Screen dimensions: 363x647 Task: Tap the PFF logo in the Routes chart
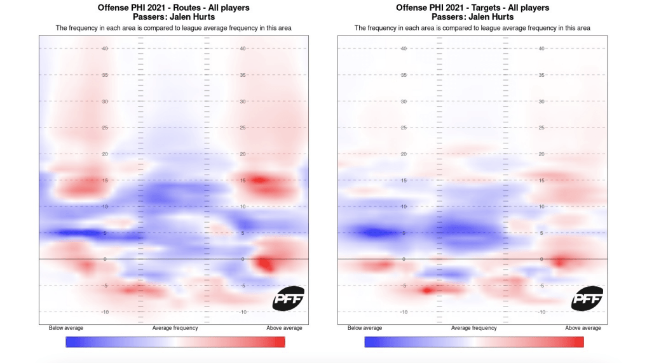[x=289, y=298]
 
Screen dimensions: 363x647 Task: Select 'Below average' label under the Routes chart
[x=65, y=328]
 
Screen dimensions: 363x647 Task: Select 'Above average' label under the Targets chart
[x=583, y=328]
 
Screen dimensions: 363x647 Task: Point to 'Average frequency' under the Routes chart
[x=175, y=328]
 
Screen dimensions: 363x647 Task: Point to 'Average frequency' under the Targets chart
[x=473, y=328]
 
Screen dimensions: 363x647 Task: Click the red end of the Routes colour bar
[x=280, y=342]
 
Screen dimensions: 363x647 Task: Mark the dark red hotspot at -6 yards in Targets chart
[x=428, y=291]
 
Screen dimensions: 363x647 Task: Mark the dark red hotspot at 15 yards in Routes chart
[x=257, y=180]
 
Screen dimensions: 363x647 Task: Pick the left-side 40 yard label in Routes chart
[x=105, y=48]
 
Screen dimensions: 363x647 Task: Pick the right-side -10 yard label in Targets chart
[x=541, y=312]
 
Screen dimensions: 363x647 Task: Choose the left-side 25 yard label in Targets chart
[x=404, y=128]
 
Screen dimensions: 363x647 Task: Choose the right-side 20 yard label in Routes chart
[x=243, y=154]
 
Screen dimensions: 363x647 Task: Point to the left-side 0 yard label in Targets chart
[x=405, y=259]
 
